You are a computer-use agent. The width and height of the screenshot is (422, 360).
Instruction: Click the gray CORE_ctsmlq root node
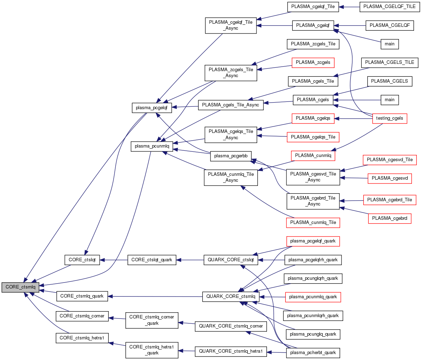point(20,287)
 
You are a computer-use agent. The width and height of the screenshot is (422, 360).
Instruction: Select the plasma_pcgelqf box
point(152,108)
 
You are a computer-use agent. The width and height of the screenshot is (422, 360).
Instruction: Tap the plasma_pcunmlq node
point(152,146)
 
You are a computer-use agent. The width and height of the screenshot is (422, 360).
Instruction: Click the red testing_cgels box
point(390,118)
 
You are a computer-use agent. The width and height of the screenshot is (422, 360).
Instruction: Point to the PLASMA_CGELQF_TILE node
point(389,7)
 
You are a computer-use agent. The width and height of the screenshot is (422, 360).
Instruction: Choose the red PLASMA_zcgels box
point(313,62)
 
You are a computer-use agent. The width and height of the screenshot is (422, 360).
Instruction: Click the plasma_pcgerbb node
point(231,156)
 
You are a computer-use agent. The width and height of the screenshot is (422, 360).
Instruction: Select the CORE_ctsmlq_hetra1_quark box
point(152,350)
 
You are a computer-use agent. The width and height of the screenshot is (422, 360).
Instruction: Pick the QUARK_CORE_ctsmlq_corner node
point(231,326)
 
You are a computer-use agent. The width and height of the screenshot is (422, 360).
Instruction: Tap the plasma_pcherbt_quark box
point(313,353)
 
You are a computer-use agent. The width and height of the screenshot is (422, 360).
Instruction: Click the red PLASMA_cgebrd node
point(390,218)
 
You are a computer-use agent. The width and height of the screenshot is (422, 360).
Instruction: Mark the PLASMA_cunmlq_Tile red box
point(313,223)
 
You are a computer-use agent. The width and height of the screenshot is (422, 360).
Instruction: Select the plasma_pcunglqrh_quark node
point(313,278)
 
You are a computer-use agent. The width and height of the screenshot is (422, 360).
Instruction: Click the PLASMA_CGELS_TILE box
point(390,62)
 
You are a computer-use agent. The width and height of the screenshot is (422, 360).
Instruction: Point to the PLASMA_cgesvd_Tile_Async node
point(313,177)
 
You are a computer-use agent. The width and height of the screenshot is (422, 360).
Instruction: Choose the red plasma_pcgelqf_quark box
point(313,241)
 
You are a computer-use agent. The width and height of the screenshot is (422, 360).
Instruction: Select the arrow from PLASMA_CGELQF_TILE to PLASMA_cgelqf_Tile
point(349,7)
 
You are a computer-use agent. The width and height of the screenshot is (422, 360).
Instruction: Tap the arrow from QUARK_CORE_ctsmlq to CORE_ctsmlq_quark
point(155,297)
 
